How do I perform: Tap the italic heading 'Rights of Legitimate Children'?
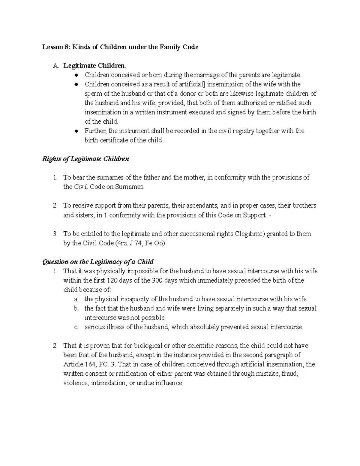86,159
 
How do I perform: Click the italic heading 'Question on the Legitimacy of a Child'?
98,262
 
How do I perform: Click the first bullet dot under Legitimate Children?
77,75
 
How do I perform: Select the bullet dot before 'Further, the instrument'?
77,131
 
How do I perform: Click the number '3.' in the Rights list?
55,234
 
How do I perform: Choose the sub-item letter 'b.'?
76,308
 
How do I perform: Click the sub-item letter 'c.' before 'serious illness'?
76,327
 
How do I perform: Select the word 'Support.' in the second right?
254,215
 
